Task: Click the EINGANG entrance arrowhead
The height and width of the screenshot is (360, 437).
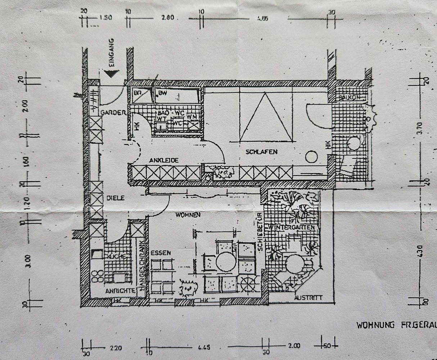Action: point(111,74)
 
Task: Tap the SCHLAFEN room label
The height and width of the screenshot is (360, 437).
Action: point(262,152)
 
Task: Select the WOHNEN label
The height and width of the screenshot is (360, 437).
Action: point(188,215)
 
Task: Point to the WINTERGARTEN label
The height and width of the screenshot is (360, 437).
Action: point(291,228)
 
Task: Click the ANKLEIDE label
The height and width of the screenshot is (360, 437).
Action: point(164,161)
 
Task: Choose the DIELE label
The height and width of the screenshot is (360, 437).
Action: point(115,198)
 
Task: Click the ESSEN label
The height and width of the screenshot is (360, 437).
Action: point(161,253)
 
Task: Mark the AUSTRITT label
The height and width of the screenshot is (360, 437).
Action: point(308,298)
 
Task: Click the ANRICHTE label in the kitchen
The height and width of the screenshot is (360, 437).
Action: point(120,291)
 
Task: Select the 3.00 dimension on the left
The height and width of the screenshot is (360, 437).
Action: point(28,261)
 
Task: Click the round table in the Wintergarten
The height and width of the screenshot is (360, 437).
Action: point(294,264)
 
